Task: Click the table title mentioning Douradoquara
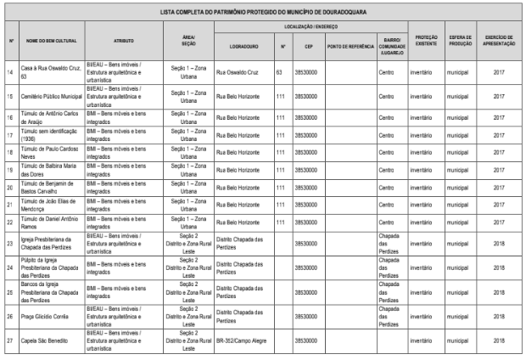[263, 14]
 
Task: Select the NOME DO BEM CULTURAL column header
[53, 41]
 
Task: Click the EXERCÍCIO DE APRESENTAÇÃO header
[498, 41]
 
